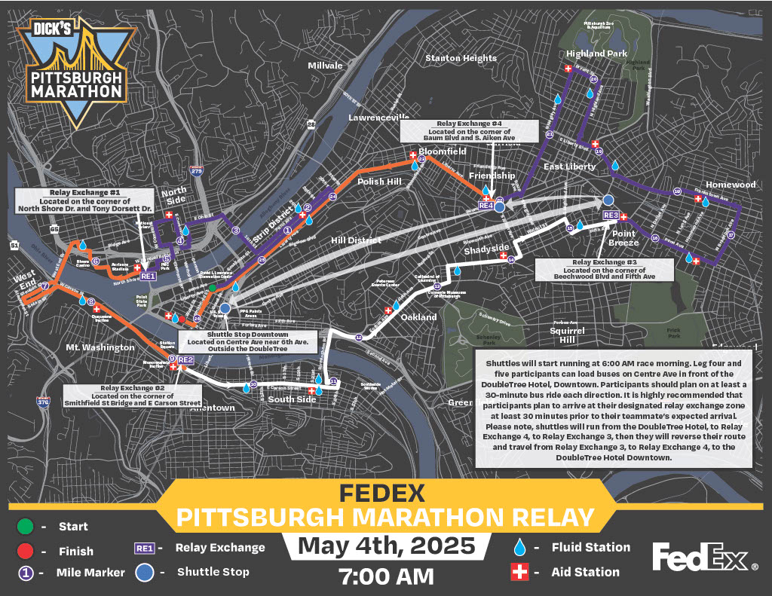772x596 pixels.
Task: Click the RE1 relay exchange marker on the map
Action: [148, 276]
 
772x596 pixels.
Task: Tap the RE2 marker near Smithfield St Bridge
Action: [186, 359]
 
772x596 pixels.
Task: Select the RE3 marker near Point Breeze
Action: [611, 216]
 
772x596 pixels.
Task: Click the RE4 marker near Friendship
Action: [486, 206]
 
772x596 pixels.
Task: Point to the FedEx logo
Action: [705, 558]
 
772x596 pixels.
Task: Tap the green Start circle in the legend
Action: [25, 527]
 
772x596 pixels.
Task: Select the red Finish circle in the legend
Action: [25, 551]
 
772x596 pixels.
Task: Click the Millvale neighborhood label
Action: [325, 66]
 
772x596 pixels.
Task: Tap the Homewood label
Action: [731, 185]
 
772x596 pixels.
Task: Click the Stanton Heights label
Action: [461, 58]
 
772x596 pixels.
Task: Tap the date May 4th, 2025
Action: [386, 546]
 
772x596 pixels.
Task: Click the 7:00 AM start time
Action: [386, 576]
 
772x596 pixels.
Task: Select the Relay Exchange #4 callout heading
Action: [469, 124]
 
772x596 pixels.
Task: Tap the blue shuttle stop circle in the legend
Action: [145, 572]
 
